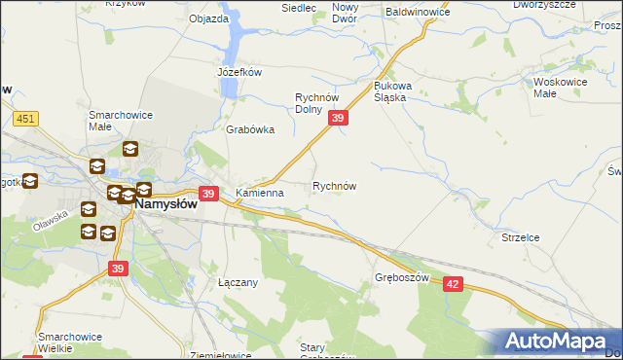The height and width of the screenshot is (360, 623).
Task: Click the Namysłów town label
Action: pos(165,205)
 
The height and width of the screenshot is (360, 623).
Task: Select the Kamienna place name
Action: pos(259,193)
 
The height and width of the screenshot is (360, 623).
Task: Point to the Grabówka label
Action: pos(250,129)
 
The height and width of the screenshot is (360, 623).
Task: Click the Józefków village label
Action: pos(239,71)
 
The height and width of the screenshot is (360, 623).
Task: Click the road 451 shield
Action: pos(25,119)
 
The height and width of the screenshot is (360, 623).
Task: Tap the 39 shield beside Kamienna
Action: pos(207,194)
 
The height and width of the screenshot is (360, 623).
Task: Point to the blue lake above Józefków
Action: pos(234,44)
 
